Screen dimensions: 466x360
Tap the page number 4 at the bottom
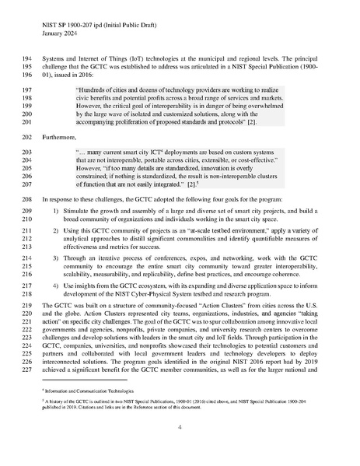tap(180, 427)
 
